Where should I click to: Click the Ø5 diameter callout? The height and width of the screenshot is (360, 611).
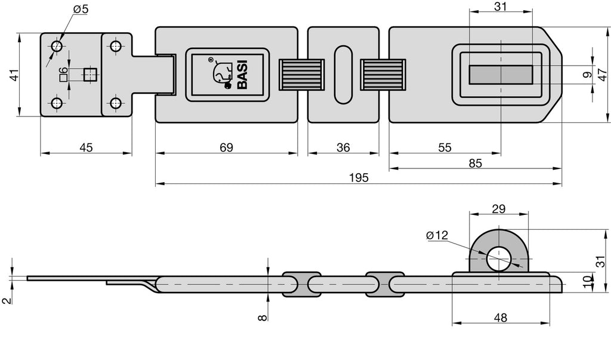(81, 9)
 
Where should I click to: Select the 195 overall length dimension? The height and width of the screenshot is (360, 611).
(359, 178)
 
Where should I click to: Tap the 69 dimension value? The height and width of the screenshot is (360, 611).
(226, 147)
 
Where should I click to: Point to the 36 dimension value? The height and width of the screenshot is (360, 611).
(343, 147)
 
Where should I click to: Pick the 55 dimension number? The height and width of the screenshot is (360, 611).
(445, 147)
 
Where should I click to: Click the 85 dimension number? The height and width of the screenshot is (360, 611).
(476, 163)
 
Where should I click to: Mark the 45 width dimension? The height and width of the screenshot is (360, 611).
(86, 147)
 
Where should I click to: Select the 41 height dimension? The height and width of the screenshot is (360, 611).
(14, 75)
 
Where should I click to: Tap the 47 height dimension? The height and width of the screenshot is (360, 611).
(601, 75)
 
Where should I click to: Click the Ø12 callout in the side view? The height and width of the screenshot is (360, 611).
(437, 235)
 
